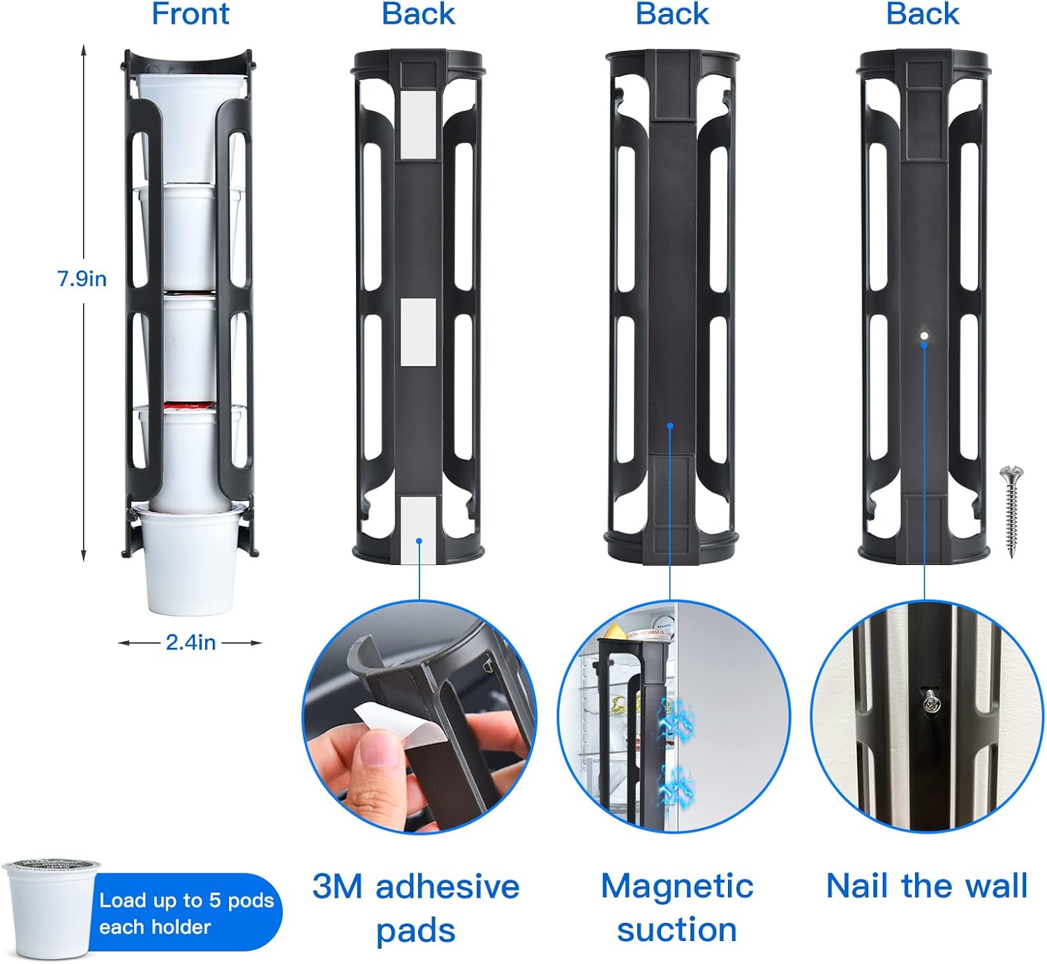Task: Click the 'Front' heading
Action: click(191, 14)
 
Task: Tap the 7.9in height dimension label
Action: click(82, 279)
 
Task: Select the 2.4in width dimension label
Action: click(191, 642)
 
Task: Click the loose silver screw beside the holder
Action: click(1011, 512)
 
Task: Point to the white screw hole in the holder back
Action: click(924, 336)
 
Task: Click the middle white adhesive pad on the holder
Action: click(418, 332)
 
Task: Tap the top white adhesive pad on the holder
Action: click(418, 125)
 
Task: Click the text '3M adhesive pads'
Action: click(416, 909)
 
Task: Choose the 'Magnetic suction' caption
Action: click(677, 908)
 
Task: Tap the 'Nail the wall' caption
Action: click(927, 887)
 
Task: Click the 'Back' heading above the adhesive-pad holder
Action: click(418, 14)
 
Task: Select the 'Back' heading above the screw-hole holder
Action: click(922, 14)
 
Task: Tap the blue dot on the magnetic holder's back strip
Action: click(670, 426)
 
